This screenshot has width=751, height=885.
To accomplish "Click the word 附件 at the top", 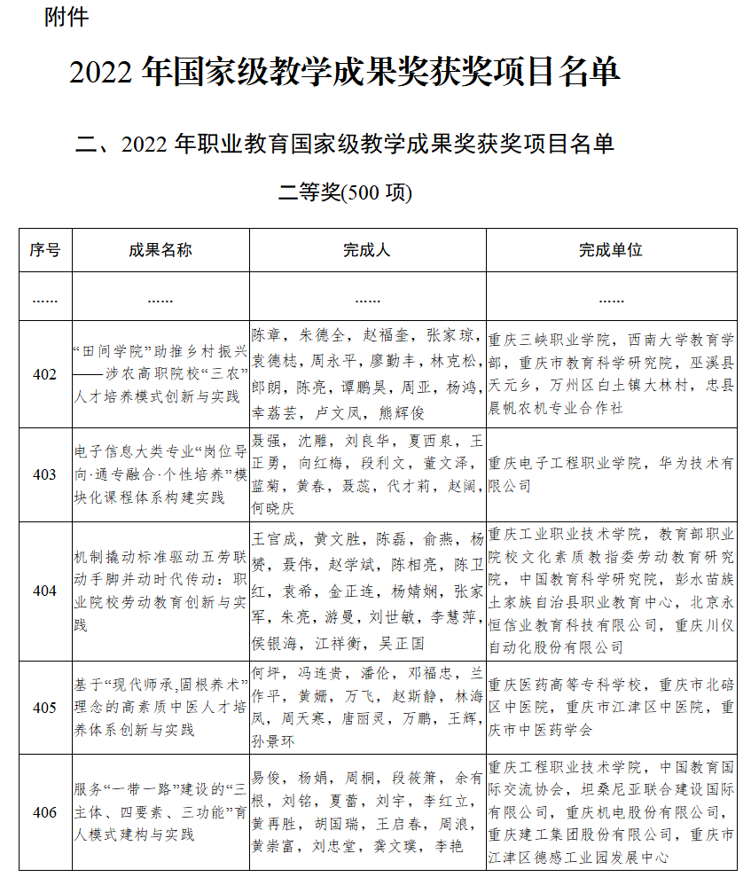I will tap(66, 18).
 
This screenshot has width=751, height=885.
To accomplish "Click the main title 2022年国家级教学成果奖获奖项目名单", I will tap(344, 72).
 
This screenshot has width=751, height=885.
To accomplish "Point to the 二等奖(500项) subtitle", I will tap(345, 191).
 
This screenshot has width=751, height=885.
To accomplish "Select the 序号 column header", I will tap(44, 250).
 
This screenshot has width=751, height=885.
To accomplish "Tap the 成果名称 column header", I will tap(160, 250).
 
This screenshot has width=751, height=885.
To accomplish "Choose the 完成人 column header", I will tap(367, 250).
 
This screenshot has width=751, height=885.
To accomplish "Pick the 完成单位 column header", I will tap(611, 250).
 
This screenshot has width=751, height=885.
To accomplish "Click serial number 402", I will tap(44, 374).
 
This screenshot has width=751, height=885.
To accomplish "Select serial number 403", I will tap(44, 474).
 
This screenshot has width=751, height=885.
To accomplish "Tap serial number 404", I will tap(44, 591).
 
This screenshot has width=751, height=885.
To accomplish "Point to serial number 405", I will tap(44, 707).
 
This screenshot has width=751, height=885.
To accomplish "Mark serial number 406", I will tap(44, 812).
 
